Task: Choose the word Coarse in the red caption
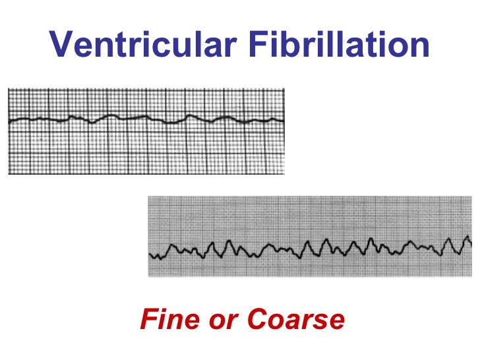pos(295,320)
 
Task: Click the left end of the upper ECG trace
pos(9,121)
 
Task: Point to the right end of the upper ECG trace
pos(284,121)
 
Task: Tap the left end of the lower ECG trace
pos(150,255)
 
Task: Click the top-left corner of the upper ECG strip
pos(8,88)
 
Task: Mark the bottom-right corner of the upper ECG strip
pos(285,174)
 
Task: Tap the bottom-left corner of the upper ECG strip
pos(8,174)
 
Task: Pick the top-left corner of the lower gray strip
pos(148,196)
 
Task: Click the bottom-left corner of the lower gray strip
pos(148,277)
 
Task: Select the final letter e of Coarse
pos(336,321)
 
